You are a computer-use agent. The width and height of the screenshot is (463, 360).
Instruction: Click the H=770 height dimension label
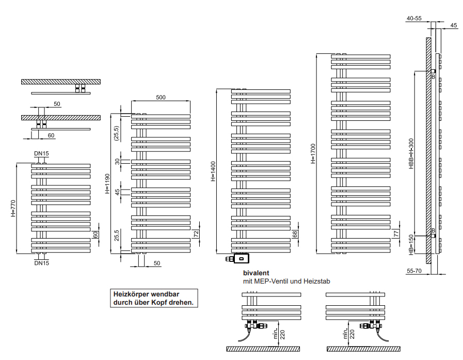[13, 208]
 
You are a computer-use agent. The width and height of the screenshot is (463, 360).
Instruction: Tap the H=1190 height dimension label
[107, 183]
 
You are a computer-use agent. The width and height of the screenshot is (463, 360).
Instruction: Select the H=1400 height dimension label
[213, 171]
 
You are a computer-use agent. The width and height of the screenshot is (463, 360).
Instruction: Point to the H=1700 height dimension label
[313, 153]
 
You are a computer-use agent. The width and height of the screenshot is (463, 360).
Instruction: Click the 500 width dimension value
[161, 97]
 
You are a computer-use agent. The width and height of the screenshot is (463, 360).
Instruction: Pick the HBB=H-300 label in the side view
[411, 153]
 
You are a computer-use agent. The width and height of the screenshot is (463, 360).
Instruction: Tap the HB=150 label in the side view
[411, 245]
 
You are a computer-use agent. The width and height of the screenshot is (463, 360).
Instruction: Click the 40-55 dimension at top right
[414, 18]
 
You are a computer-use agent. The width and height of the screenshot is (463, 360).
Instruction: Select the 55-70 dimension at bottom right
[414, 271]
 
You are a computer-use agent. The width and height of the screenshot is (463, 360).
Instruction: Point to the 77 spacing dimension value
[396, 233]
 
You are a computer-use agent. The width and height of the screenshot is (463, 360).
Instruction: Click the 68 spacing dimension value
[295, 234]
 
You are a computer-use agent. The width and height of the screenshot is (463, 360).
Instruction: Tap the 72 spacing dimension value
[196, 234]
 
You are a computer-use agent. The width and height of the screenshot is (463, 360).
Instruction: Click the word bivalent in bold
[256, 273]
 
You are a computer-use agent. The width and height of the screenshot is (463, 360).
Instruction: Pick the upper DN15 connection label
[41, 153]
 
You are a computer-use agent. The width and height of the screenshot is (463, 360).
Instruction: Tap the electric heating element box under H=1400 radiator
[241, 259]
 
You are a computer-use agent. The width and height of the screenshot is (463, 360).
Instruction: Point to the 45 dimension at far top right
[454, 25]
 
